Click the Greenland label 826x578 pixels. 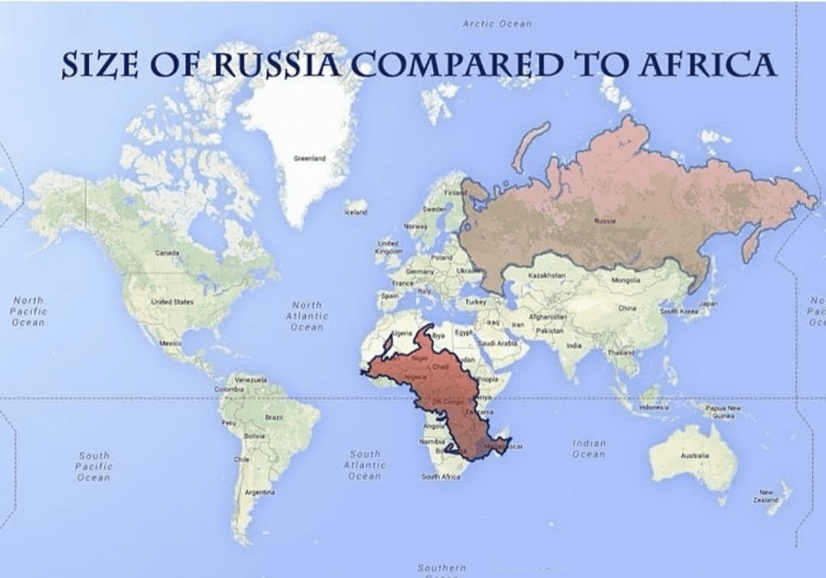pos(310,158)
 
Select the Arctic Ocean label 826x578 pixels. pos(497,24)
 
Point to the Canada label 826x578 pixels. pos(167,252)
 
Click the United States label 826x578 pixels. pos(172,302)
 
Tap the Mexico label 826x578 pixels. pos(170,344)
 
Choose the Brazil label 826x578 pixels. pos(273,417)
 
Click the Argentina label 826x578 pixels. pos(254,492)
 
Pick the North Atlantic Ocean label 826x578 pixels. pos(307,316)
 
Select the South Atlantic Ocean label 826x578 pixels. pos(364,465)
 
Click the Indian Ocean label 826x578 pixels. pos(589,448)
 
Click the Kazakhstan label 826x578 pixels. pos(547,274)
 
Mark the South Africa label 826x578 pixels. pos(441,476)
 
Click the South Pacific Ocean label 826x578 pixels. pos(94,466)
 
